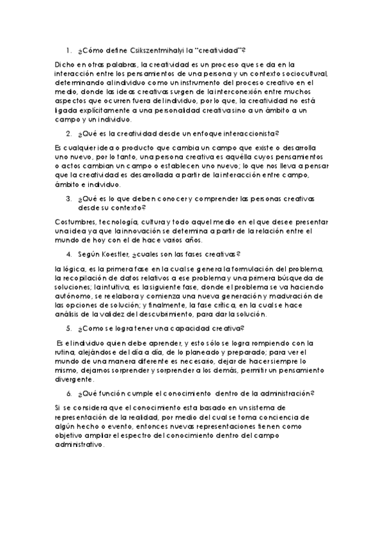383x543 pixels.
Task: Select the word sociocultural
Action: pyautogui.click(x=299, y=74)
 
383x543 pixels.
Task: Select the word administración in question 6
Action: pyautogui.click(x=284, y=393)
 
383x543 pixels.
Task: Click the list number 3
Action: pyautogui.click(x=69, y=199)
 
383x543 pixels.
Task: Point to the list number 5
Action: pyautogui.click(x=69, y=328)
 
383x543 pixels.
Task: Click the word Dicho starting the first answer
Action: pyautogui.click(x=66, y=64)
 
